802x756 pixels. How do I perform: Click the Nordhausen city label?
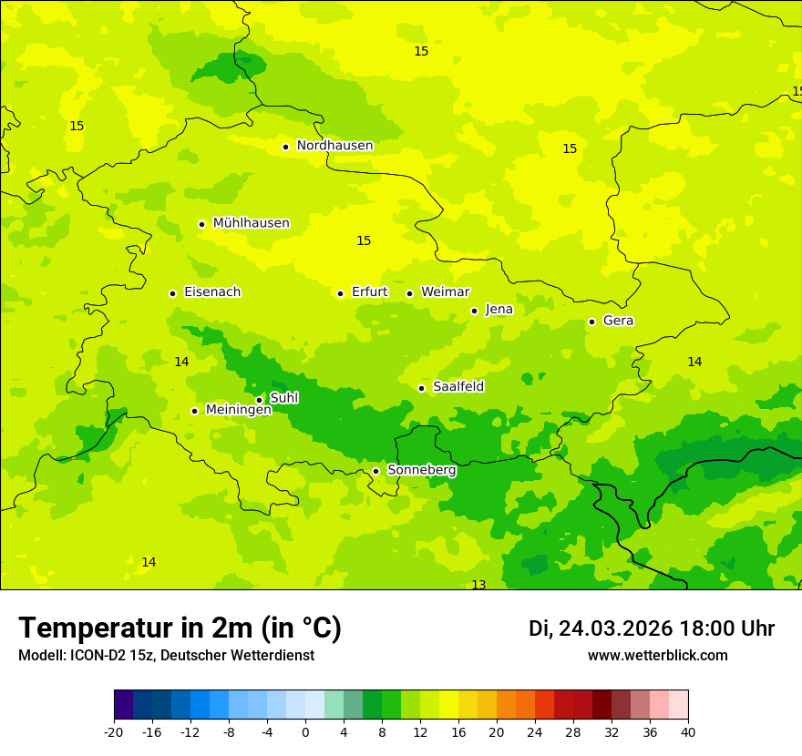[x=334, y=146]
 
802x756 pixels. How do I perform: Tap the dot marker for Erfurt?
[x=340, y=293]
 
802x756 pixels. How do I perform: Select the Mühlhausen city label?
[x=251, y=223]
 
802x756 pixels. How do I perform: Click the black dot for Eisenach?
[x=172, y=293]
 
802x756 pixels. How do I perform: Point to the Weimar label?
[x=445, y=292]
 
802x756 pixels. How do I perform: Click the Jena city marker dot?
[x=474, y=311]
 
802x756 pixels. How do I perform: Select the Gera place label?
[x=618, y=321]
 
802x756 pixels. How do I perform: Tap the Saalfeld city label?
[x=458, y=387]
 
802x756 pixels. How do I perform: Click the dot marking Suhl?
[x=259, y=400]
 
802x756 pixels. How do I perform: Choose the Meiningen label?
[x=238, y=410]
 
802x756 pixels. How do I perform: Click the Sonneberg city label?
[x=421, y=470]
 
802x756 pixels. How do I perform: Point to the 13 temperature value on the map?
[x=478, y=585]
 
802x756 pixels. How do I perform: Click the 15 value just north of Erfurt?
[x=364, y=241]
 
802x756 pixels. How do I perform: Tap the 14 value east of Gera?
[x=694, y=363]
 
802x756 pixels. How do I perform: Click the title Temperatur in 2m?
[x=180, y=628]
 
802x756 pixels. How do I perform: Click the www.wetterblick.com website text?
[x=657, y=656]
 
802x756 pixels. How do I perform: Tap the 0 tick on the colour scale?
[x=305, y=732]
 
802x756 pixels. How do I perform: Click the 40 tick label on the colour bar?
[x=687, y=732]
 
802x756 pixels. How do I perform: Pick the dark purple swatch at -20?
[x=123, y=705]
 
